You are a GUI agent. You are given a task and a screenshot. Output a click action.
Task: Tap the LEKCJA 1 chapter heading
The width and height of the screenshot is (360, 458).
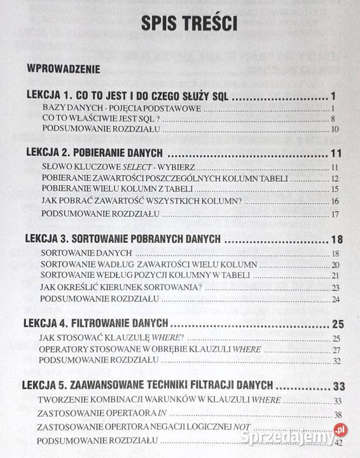point(127,96)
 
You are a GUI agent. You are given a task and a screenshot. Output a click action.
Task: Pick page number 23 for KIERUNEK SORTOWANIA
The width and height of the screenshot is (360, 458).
point(335,287)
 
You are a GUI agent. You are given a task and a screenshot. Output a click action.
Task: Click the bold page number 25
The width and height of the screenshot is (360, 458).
point(337,323)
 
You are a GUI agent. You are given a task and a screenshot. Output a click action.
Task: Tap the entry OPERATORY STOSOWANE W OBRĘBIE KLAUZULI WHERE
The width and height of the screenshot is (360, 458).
point(134,349)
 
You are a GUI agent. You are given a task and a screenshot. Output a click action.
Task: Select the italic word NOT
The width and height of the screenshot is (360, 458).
point(242,426)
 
